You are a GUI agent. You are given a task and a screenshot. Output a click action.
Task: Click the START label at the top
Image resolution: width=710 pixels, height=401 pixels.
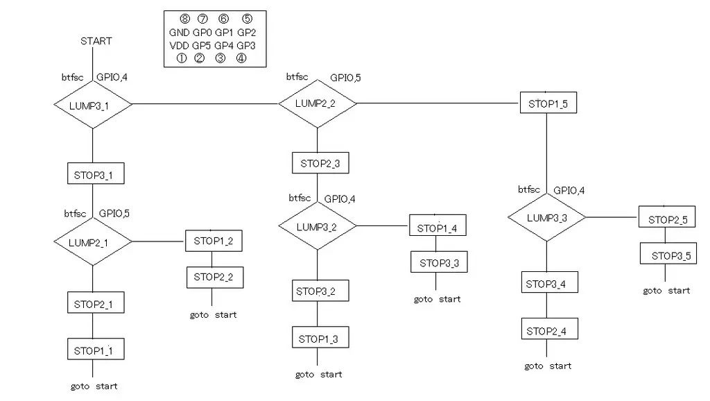(x=96, y=41)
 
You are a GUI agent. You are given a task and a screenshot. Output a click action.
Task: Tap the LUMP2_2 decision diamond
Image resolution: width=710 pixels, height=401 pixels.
(x=318, y=103)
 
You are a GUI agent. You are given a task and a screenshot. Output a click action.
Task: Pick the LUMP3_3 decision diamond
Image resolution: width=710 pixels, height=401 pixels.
(x=547, y=218)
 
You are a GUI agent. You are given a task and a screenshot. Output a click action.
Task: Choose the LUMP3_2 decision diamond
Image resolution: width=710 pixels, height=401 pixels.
(x=317, y=226)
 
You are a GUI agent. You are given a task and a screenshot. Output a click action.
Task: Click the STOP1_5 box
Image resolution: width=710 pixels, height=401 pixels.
(x=548, y=103)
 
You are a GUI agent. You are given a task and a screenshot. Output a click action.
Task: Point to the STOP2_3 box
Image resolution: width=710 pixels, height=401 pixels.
(x=320, y=164)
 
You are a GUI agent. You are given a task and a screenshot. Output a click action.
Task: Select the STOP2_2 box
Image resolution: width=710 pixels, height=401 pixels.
(x=214, y=277)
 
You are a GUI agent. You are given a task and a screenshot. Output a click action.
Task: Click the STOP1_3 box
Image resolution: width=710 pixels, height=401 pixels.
(x=320, y=339)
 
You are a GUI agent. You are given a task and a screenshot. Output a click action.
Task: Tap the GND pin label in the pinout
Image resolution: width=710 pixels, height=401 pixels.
(x=179, y=33)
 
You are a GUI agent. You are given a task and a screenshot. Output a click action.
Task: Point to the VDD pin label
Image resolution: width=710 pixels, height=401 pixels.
(x=179, y=46)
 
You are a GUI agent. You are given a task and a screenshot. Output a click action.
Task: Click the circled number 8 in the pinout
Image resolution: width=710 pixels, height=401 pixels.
(x=184, y=19)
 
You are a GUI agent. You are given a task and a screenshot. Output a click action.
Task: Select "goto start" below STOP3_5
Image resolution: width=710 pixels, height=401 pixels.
(x=666, y=291)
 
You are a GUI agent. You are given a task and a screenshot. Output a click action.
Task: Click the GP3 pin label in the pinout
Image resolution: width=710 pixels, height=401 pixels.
(x=246, y=46)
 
